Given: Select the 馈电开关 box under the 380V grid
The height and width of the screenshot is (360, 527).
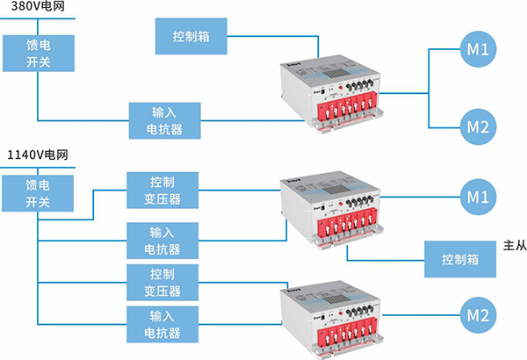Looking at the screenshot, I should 38,54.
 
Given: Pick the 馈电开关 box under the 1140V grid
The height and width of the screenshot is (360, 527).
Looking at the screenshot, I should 38,194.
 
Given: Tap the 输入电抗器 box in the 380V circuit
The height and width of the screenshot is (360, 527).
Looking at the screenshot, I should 165,121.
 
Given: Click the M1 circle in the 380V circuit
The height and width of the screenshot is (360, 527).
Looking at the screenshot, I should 480,49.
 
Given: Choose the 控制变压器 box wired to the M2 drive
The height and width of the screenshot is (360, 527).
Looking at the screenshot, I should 165,282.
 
